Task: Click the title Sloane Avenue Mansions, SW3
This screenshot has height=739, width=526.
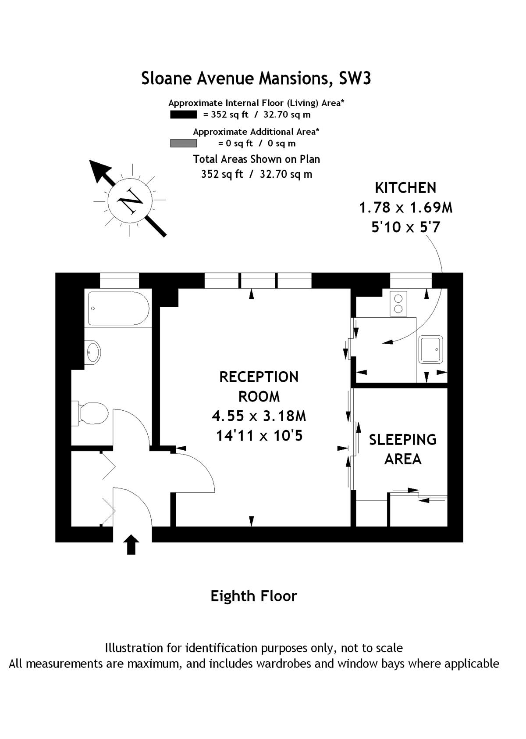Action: click(x=256, y=78)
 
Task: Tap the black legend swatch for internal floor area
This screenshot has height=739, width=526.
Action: click(x=183, y=115)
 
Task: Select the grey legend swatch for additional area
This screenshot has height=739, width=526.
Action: click(x=183, y=143)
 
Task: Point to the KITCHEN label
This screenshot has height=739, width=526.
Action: click(x=405, y=188)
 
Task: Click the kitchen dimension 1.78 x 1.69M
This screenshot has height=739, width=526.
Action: click(x=405, y=207)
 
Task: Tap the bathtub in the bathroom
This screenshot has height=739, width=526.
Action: click(x=118, y=309)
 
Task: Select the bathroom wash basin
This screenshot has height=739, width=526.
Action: click(x=93, y=352)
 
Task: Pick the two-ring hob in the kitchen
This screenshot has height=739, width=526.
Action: click(x=398, y=304)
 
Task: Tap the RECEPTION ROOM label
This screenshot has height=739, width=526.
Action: click(x=259, y=386)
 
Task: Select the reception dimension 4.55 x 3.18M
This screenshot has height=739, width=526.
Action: click(x=259, y=416)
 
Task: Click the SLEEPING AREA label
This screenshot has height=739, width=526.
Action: click(x=402, y=449)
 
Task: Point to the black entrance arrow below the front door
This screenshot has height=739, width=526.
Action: click(x=131, y=545)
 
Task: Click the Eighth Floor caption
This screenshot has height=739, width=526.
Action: click(x=254, y=596)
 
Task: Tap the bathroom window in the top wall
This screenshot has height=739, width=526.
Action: click(x=119, y=280)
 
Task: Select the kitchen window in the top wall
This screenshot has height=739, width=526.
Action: click(x=411, y=280)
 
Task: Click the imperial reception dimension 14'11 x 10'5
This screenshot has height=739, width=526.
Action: click(x=259, y=436)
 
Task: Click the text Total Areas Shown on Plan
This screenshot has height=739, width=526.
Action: click(x=256, y=159)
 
